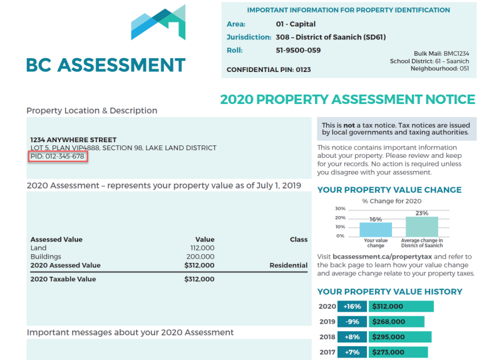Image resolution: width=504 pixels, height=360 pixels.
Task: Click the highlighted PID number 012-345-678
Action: point(58,157)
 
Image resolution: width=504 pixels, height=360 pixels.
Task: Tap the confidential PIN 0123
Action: point(303,69)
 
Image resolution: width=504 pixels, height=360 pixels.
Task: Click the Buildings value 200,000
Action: point(200,257)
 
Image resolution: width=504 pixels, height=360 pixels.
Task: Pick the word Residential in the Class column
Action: point(288,265)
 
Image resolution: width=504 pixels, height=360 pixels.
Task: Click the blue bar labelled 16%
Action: point(375,229)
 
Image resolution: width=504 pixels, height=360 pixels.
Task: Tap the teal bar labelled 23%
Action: point(421,226)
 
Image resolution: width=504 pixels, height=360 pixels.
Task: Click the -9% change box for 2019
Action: point(352,322)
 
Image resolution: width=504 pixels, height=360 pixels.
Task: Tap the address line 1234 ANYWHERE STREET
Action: point(73,140)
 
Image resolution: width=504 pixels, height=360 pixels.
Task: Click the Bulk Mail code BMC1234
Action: point(455,54)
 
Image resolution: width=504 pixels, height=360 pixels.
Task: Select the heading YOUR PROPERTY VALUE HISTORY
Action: point(389,292)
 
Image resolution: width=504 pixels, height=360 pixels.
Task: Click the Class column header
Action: point(299,239)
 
